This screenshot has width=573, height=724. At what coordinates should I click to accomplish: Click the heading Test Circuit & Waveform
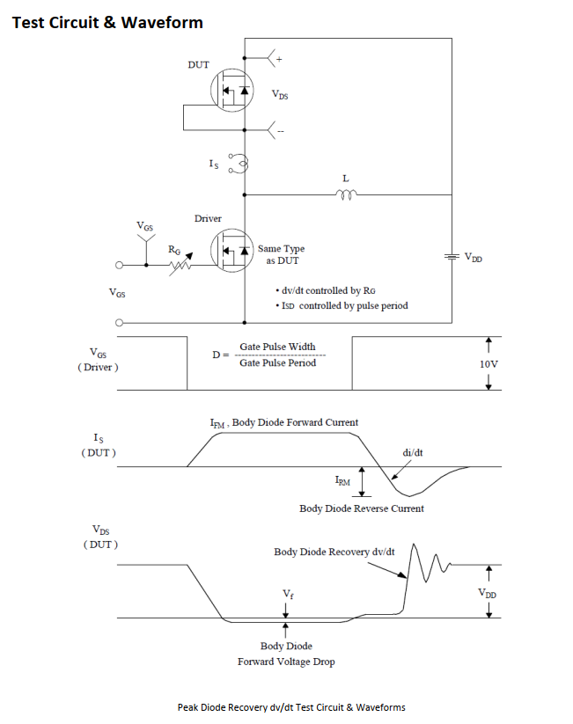[x=107, y=23]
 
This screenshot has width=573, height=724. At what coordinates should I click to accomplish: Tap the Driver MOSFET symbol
[x=231, y=250]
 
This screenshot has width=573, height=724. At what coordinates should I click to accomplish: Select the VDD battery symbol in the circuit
[x=451, y=257]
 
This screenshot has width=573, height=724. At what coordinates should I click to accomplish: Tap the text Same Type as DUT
[x=281, y=255]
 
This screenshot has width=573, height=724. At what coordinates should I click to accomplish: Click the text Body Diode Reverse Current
[x=362, y=508]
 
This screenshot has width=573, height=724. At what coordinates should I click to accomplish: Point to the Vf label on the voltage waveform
[x=288, y=595]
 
